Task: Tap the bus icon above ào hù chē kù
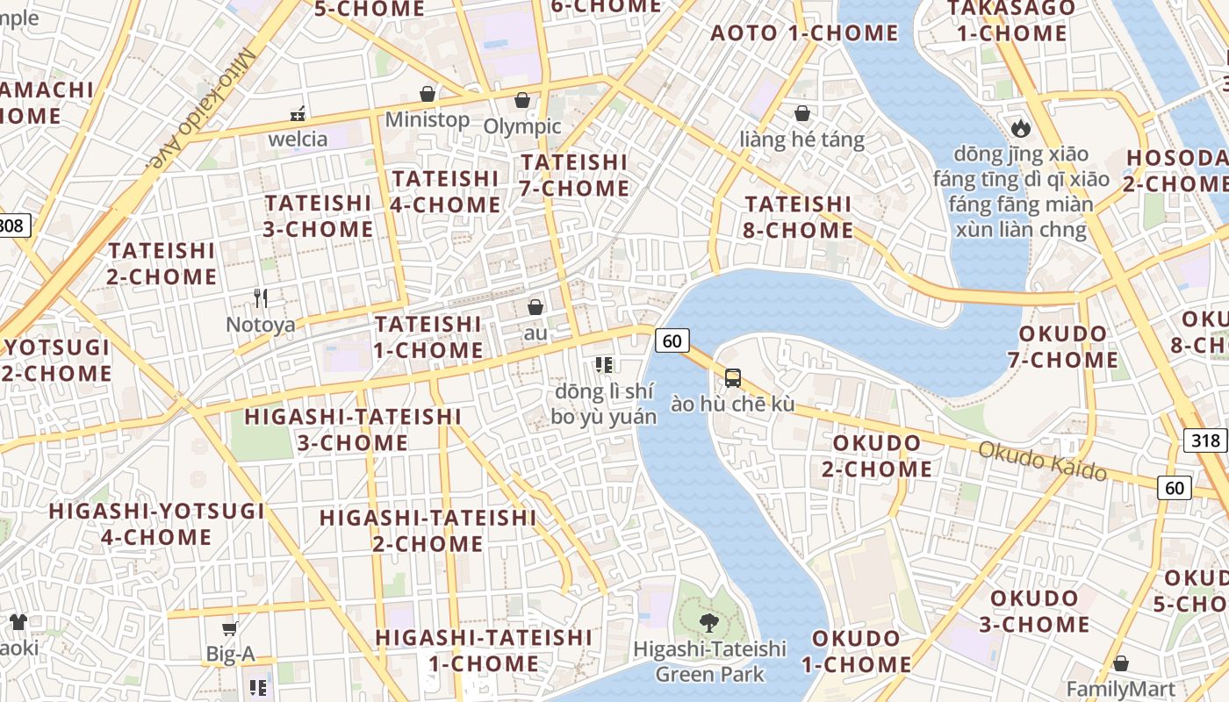[x=733, y=378]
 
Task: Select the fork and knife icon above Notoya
[x=260, y=298]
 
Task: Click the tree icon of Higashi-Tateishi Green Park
[x=708, y=623]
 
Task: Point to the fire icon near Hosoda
[x=1020, y=128]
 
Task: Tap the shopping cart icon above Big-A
[x=230, y=628]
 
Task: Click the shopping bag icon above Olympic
[x=522, y=100]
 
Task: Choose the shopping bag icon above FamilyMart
[x=1120, y=663]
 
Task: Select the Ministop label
[x=427, y=119]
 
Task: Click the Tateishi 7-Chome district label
[x=575, y=175]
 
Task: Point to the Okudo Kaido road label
[x=1042, y=461]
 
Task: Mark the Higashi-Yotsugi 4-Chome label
[x=156, y=524]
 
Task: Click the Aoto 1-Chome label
[x=804, y=33]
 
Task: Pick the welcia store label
[x=298, y=139]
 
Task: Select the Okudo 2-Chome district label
[x=876, y=455]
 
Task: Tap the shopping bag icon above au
[x=535, y=307]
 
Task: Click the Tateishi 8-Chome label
[x=799, y=217]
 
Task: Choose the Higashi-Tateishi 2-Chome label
[x=428, y=531]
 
